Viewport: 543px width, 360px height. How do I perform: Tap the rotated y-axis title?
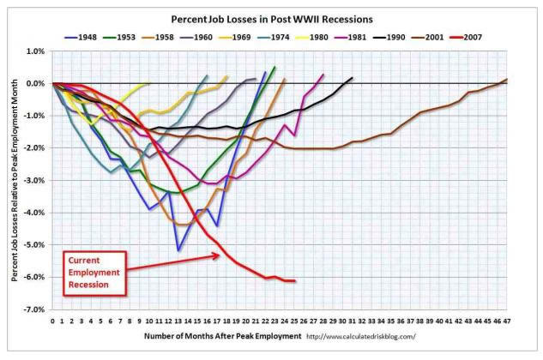coord(15,180)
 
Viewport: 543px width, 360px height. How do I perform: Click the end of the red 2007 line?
coord(295,280)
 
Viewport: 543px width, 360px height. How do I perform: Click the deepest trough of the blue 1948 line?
coord(178,250)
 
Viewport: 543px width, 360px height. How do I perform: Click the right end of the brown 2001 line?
coord(507,80)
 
